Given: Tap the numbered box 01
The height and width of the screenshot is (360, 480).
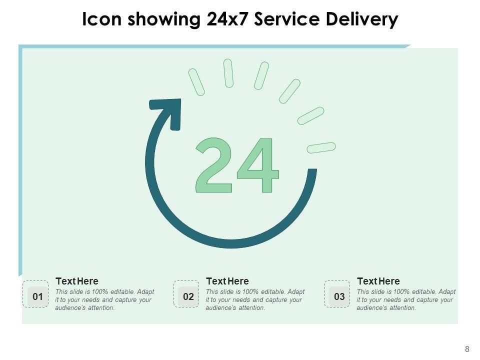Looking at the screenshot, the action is tap(37, 296).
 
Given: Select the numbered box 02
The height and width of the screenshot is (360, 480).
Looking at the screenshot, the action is tap(188, 296).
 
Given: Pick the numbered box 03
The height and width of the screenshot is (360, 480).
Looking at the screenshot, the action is tap(339, 296).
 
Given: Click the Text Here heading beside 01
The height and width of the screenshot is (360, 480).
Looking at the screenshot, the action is tap(77, 281).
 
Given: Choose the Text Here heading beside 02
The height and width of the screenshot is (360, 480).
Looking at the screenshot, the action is tap(227, 281).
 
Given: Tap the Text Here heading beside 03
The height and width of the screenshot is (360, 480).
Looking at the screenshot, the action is tap(378, 281).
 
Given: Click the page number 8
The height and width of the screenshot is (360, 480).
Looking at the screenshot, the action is tap(467, 349).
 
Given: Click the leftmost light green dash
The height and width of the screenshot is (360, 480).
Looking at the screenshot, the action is tap(196, 82).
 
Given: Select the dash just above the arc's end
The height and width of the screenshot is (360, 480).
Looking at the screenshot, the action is tap(321, 147).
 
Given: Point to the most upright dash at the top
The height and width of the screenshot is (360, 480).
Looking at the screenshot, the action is tap(228, 73).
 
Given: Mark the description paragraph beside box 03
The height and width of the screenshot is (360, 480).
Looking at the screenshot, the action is tap(405, 299).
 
